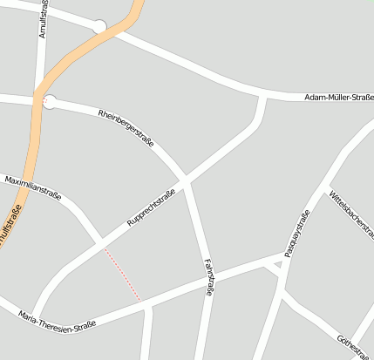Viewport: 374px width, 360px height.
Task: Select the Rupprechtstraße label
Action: coord(152,207)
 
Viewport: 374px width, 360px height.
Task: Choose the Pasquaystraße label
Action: coord(297,234)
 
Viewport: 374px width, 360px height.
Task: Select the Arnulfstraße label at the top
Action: coord(43,19)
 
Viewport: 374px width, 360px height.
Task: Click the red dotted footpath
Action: coord(121,274)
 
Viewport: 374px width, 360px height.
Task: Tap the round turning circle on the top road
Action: coord(100,27)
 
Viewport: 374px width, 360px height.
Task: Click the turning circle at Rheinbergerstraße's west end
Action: coord(50,102)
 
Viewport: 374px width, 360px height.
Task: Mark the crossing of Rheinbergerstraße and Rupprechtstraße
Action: coord(185,181)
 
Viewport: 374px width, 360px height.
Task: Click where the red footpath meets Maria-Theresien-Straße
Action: coord(140,302)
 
